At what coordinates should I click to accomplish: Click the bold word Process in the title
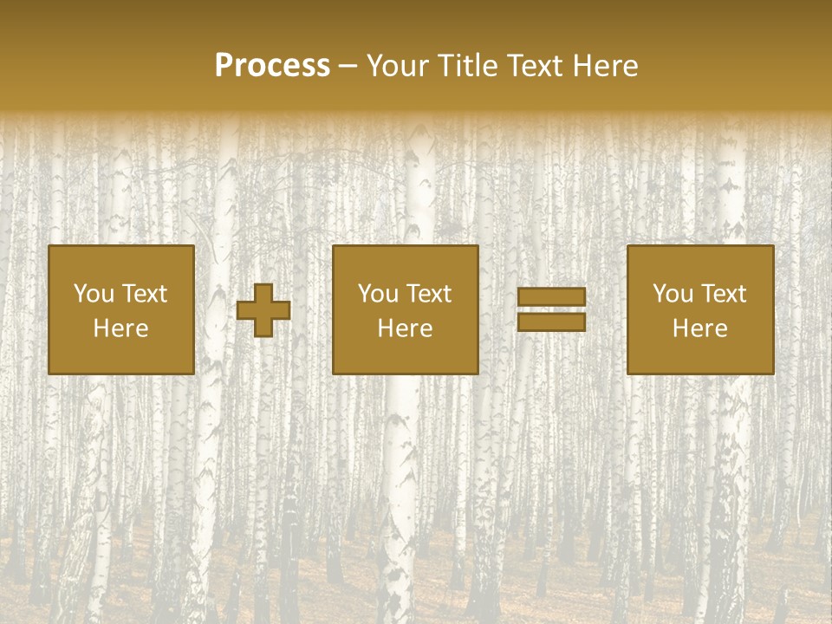(272, 66)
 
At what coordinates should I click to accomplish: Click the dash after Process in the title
(348, 67)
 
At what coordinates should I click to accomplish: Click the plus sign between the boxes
(263, 310)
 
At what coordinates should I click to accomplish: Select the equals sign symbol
(551, 309)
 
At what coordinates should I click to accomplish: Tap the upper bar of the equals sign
(551, 297)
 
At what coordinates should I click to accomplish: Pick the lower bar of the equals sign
(551, 322)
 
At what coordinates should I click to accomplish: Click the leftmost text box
(121, 309)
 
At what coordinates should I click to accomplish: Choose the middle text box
(406, 309)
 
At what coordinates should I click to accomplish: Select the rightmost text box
(700, 309)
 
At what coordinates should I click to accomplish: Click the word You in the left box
(94, 294)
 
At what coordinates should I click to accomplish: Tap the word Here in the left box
(121, 328)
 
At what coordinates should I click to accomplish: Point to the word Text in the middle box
(428, 294)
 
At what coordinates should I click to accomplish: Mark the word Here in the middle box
(406, 328)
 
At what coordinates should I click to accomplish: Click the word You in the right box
(673, 294)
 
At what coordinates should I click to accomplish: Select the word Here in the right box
(700, 328)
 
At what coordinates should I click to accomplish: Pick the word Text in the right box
(723, 294)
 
